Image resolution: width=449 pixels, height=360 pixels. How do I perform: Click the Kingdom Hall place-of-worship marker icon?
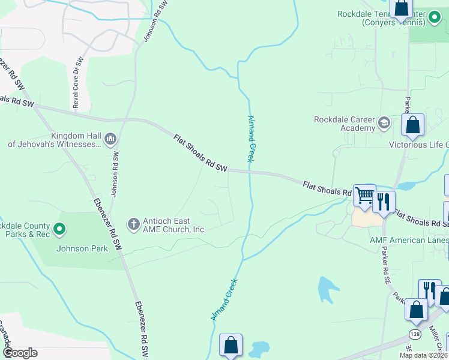pyautogui.click(x=110, y=140)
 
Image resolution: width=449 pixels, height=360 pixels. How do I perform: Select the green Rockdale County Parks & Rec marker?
pyautogui.click(x=59, y=229)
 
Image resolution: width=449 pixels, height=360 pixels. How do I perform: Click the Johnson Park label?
pyautogui.click(x=82, y=248)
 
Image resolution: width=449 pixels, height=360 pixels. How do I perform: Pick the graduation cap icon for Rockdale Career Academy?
pyautogui.click(x=384, y=124)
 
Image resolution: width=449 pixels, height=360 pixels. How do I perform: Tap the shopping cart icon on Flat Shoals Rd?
pyautogui.click(x=364, y=196)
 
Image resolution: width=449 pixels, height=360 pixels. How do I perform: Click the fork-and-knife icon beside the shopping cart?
pyautogui.click(x=383, y=202)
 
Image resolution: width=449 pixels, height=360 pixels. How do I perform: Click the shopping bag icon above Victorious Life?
pyautogui.click(x=413, y=125)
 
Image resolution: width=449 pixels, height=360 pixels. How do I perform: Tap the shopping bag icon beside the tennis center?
pyautogui.click(x=401, y=8)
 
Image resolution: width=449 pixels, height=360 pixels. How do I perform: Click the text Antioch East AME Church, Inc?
pyautogui.click(x=173, y=225)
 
